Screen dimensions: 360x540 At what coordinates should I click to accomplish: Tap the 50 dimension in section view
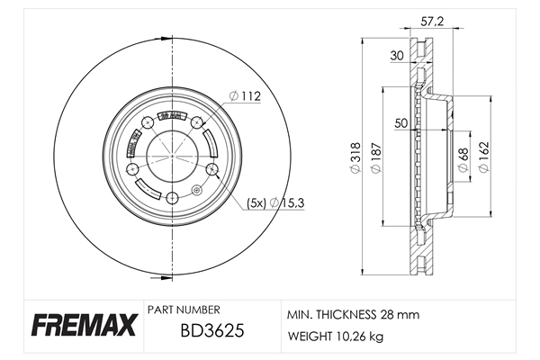[401, 122]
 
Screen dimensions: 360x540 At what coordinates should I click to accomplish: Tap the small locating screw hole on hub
[196, 189]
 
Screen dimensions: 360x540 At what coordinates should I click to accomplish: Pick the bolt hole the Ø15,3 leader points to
[212, 169]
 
